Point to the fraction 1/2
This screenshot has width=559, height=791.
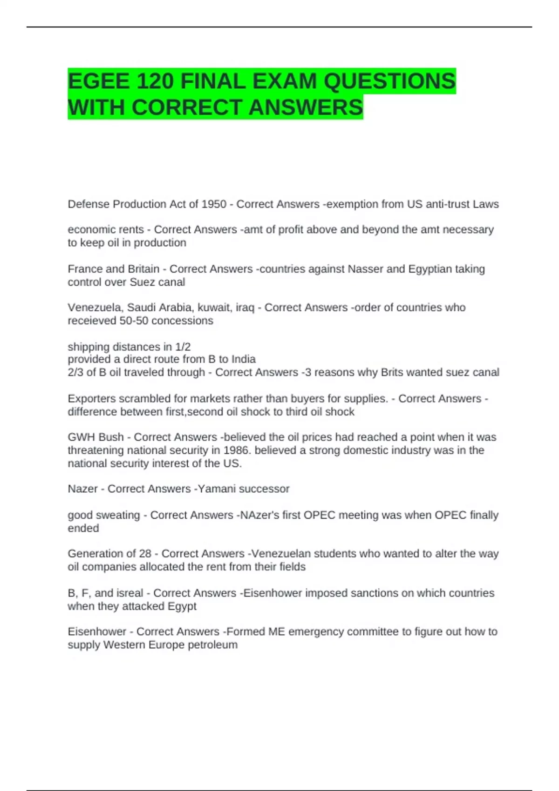[183, 347]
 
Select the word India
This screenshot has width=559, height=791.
[244, 359]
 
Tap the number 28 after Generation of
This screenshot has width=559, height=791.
[145, 554]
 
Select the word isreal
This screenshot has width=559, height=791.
[130, 593]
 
